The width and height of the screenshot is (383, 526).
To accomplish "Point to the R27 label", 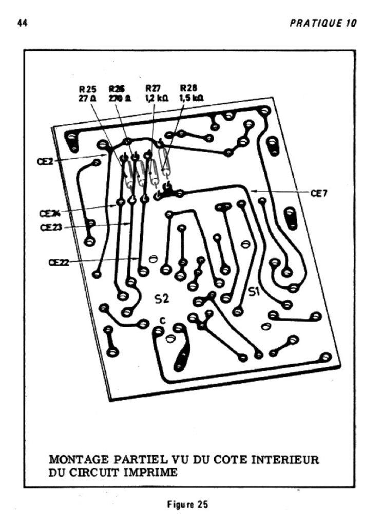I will [x=153, y=88].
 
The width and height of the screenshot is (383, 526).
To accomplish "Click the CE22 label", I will [x=59, y=262].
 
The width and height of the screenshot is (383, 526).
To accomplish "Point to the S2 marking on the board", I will [x=162, y=298].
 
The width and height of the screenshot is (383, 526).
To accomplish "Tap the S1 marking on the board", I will [x=255, y=292].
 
